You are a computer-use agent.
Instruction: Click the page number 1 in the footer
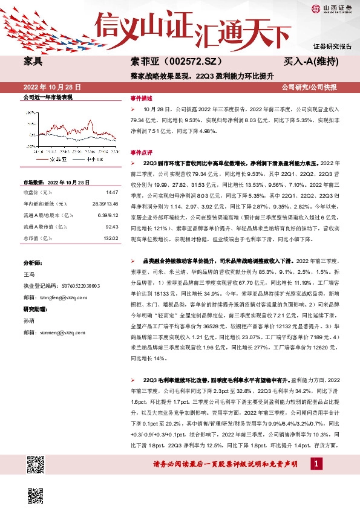(x=316, y=463)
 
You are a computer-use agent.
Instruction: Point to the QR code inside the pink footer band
(x=36, y=465)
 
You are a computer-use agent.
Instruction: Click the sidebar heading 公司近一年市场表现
(x=48, y=97)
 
